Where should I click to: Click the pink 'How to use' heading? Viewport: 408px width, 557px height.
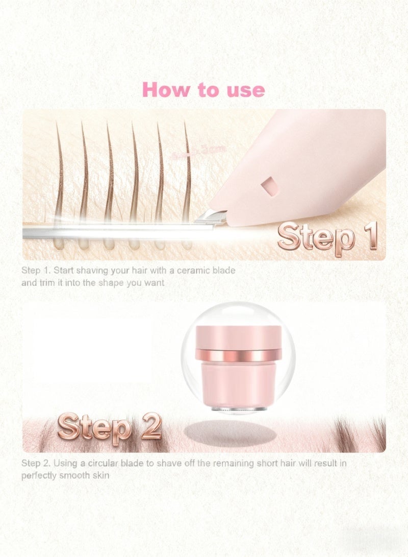204,90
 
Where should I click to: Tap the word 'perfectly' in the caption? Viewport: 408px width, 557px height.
39,475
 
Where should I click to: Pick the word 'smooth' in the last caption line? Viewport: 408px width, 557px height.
81,475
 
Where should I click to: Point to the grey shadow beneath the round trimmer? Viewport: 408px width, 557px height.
229,433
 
